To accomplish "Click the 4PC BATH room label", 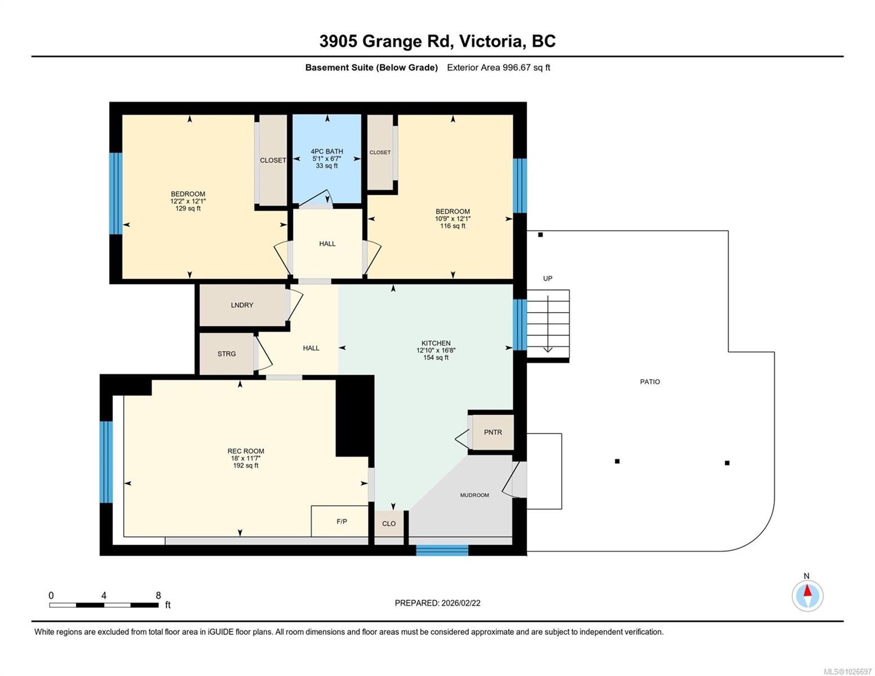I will tap(327, 152).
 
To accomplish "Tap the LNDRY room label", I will tap(242, 305).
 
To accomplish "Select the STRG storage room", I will tap(226, 354).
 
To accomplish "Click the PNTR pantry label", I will tap(492, 432).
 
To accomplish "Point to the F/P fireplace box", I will tap(341, 522).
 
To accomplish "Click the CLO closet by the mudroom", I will tap(389, 524).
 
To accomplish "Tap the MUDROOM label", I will tap(474, 495).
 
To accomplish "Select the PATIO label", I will tap(650, 382).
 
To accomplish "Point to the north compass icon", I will tap(807, 595).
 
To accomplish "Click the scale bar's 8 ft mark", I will tap(158, 596).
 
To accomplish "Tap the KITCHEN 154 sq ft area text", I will tap(436, 358).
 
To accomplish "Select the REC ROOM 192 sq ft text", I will tap(246, 466).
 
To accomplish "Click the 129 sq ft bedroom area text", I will tap(188, 208).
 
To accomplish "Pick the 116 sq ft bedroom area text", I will tap(452, 226).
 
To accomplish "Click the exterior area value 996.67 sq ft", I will tap(526, 68).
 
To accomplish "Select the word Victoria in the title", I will tap(490, 41).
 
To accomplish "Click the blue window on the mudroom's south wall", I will tap(442, 550).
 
